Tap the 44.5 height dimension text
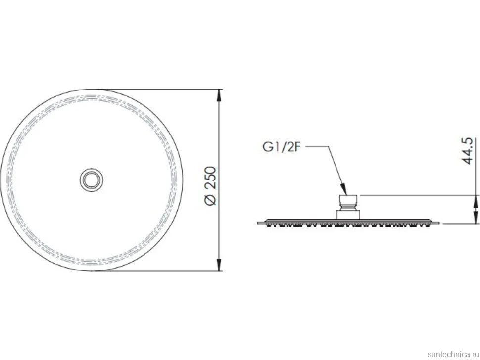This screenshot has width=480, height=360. click(467, 151)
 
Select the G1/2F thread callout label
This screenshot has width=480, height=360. click(282, 147)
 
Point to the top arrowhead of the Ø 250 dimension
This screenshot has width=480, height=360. click(219, 95)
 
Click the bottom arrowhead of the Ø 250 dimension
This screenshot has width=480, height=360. click(219, 265)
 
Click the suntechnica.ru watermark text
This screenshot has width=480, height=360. click(453, 354)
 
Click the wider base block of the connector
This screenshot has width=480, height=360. click(348, 215)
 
